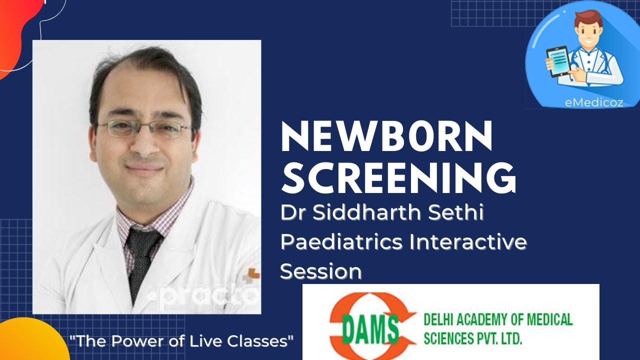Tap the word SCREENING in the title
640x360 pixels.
pyautogui.click(x=398, y=177)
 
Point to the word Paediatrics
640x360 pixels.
pyautogui.click(x=341, y=242)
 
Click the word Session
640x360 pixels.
pyautogui.click(x=320, y=271)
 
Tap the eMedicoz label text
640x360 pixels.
pyautogui.click(x=593, y=102)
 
